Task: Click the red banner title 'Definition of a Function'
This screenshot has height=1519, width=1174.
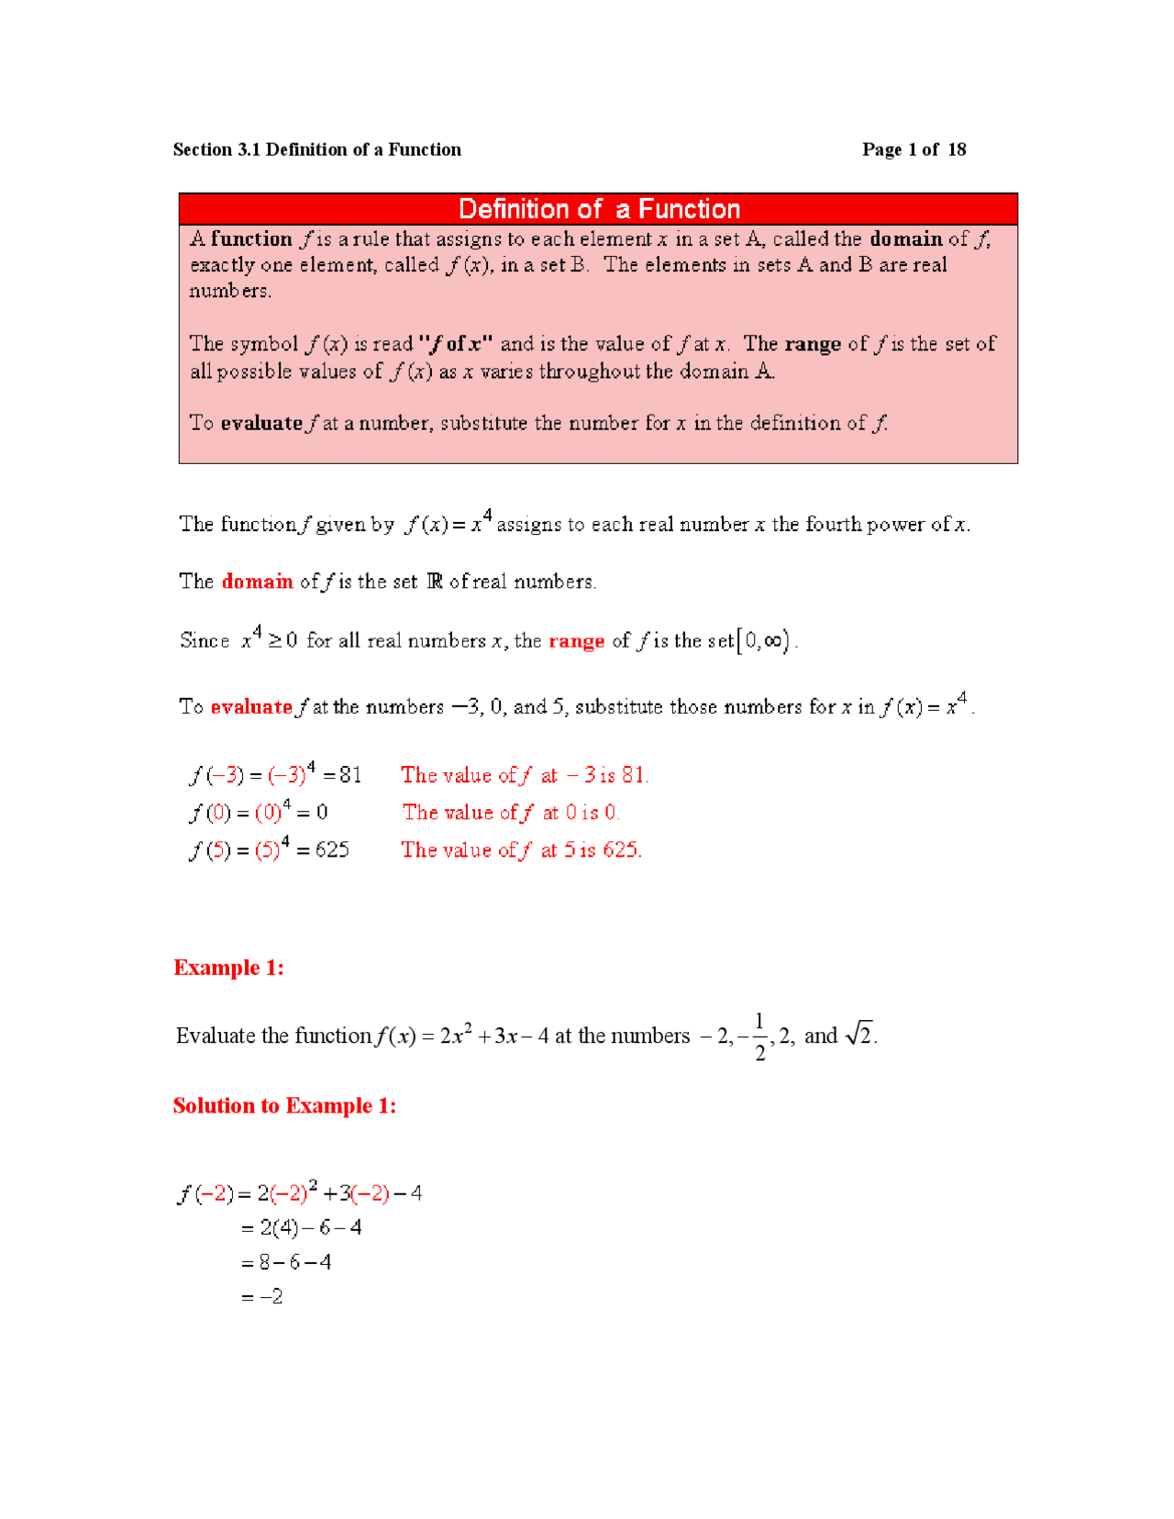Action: (x=598, y=209)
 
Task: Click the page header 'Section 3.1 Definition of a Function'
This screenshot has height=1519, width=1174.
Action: (x=316, y=150)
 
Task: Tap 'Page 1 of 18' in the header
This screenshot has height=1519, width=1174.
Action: (x=914, y=150)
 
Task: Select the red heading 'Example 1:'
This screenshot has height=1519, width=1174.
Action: (x=228, y=968)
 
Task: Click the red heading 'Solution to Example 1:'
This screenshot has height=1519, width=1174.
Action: (x=284, y=1105)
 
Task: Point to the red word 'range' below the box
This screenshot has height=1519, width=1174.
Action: (x=576, y=641)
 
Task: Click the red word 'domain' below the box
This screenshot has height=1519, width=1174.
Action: (x=257, y=582)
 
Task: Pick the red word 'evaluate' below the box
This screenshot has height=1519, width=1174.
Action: (x=250, y=707)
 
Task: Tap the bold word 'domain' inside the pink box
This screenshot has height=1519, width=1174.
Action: (x=905, y=239)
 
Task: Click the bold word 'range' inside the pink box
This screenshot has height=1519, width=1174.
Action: (x=813, y=344)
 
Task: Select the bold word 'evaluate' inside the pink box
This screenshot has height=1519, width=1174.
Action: (x=261, y=423)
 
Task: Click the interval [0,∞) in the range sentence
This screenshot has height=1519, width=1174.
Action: (x=763, y=640)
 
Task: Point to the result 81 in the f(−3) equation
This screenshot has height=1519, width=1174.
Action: (x=350, y=775)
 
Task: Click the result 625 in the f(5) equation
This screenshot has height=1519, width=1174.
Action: (x=332, y=849)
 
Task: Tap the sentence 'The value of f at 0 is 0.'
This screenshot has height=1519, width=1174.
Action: (x=511, y=813)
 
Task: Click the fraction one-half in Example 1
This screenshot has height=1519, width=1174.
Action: (x=759, y=1037)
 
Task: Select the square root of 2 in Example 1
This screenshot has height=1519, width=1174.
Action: (x=859, y=1035)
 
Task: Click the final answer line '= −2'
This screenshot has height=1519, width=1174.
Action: (x=262, y=1297)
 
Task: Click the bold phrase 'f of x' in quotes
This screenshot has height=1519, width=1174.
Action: (x=456, y=344)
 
